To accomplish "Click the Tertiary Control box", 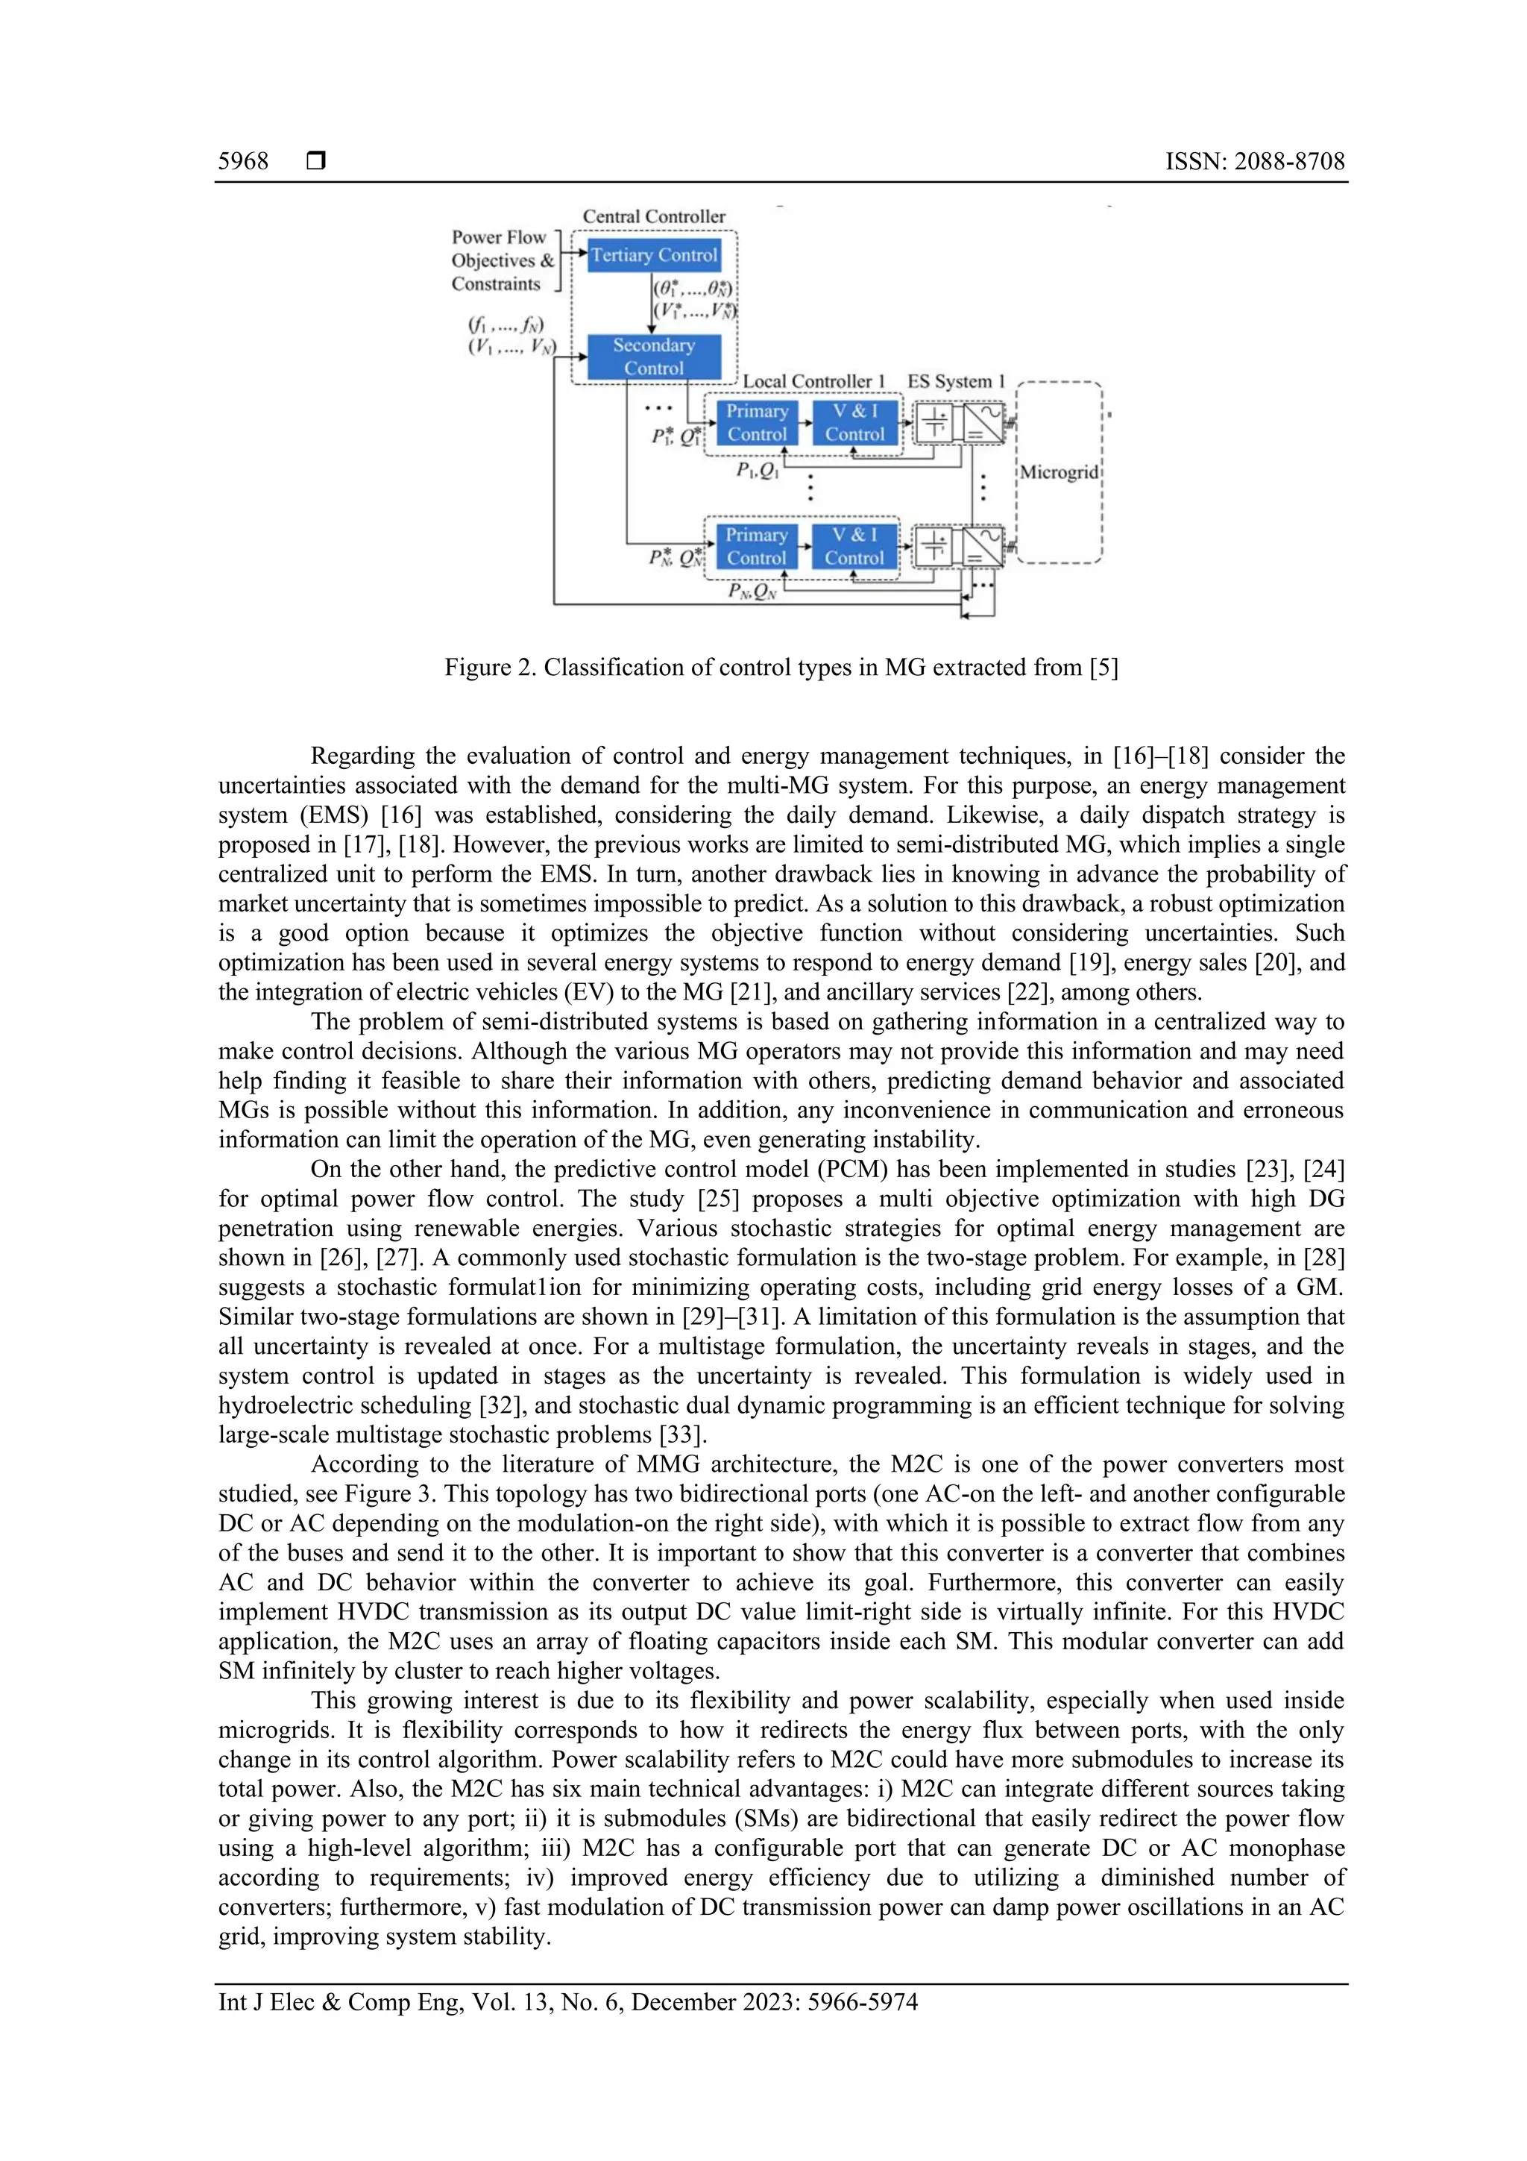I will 654,255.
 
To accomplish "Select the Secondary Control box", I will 654,357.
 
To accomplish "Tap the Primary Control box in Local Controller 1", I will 757,423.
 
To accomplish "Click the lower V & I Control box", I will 854,546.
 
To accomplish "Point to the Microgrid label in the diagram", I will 1060,471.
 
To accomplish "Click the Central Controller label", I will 654,216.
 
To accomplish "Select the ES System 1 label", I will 956,381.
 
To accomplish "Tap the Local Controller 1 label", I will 814,381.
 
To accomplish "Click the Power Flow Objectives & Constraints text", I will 503,261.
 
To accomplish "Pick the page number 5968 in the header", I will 243,161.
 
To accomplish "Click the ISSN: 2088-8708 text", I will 1254,161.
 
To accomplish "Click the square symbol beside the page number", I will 316,161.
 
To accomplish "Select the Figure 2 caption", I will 781,668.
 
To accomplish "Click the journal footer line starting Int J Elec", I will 567,2002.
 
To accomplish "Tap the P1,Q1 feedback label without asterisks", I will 758,470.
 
